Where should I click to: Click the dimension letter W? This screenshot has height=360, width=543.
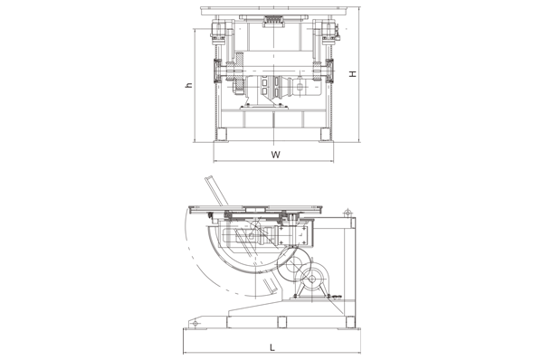(275, 155)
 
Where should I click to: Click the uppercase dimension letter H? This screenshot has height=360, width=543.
(353, 74)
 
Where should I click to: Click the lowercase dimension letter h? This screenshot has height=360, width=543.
(189, 85)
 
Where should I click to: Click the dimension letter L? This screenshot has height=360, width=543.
(272, 347)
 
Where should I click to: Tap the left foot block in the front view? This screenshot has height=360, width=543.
(221, 134)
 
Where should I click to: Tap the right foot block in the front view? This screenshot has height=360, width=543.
(325, 134)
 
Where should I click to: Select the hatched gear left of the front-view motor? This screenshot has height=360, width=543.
(240, 72)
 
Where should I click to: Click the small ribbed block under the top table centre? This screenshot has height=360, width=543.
(273, 21)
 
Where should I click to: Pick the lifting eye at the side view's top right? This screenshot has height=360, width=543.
(348, 213)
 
